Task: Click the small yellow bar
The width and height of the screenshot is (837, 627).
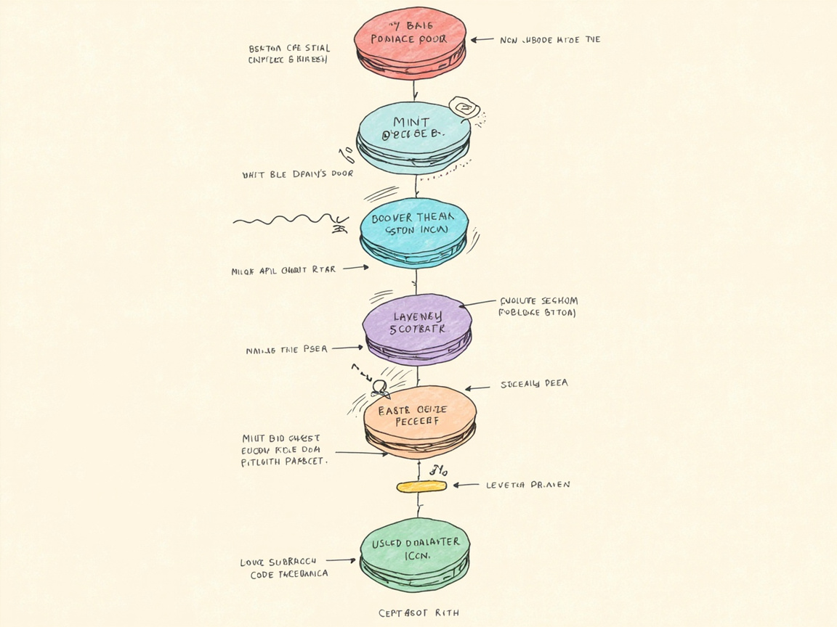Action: click(421, 486)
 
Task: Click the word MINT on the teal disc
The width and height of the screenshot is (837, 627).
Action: click(411, 122)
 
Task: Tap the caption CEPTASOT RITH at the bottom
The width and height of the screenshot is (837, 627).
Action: click(418, 613)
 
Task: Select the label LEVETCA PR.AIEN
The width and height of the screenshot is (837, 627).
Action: click(527, 485)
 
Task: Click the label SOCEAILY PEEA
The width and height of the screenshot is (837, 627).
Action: click(534, 384)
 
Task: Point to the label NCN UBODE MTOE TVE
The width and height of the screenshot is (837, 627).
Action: click(550, 40)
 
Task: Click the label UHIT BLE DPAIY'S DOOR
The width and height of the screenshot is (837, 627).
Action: click(297, 175)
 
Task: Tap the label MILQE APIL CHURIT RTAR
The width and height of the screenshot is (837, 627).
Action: click(283, 270)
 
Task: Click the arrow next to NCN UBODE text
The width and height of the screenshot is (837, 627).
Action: click(482, 40)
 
